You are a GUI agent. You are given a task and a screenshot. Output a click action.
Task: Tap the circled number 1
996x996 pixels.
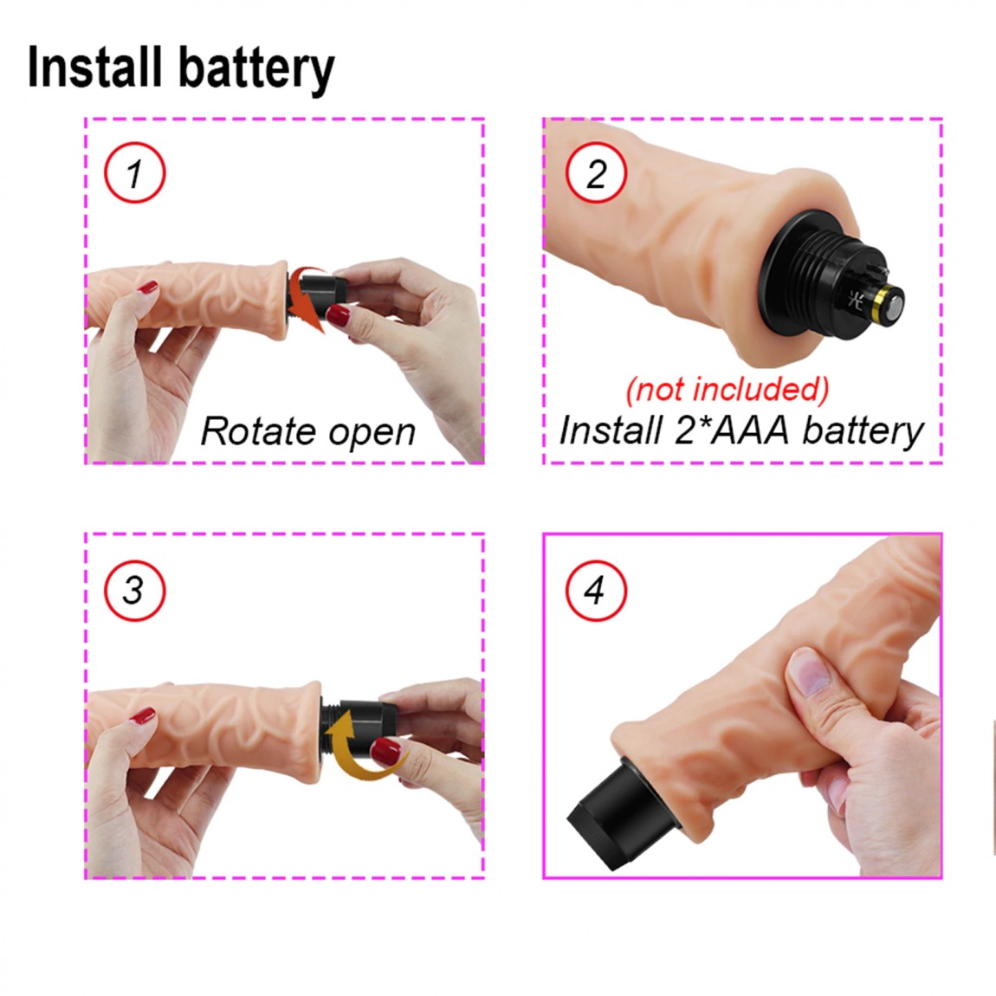(x=134, y=172)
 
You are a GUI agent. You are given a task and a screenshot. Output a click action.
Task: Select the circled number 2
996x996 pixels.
(x=596, y=172)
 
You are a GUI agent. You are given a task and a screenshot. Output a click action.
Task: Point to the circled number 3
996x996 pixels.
(x=134, y=590)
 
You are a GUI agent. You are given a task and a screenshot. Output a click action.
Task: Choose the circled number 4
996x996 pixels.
(x=596, y=590)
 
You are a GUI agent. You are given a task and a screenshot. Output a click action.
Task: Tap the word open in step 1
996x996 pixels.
(x=372, y=434)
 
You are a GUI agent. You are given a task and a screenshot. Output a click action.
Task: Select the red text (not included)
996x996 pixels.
(x=728, y=389)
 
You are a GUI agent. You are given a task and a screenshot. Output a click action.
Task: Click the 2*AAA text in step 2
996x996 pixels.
(x=733, y=430)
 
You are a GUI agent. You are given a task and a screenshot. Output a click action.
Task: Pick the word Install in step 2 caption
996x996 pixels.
(x=611, y=430)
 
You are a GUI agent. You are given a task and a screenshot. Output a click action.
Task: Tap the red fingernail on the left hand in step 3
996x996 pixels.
(x=142, y=717)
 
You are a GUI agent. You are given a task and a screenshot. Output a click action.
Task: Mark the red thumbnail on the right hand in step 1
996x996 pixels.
(x=339, y=314)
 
